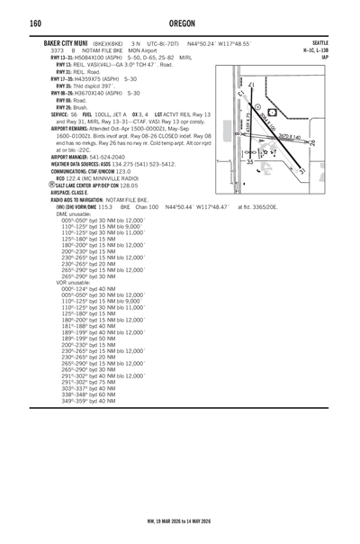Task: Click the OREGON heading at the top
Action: (179, 22)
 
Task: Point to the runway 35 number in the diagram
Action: (250, 161)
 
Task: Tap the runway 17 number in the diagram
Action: (251, 85)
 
